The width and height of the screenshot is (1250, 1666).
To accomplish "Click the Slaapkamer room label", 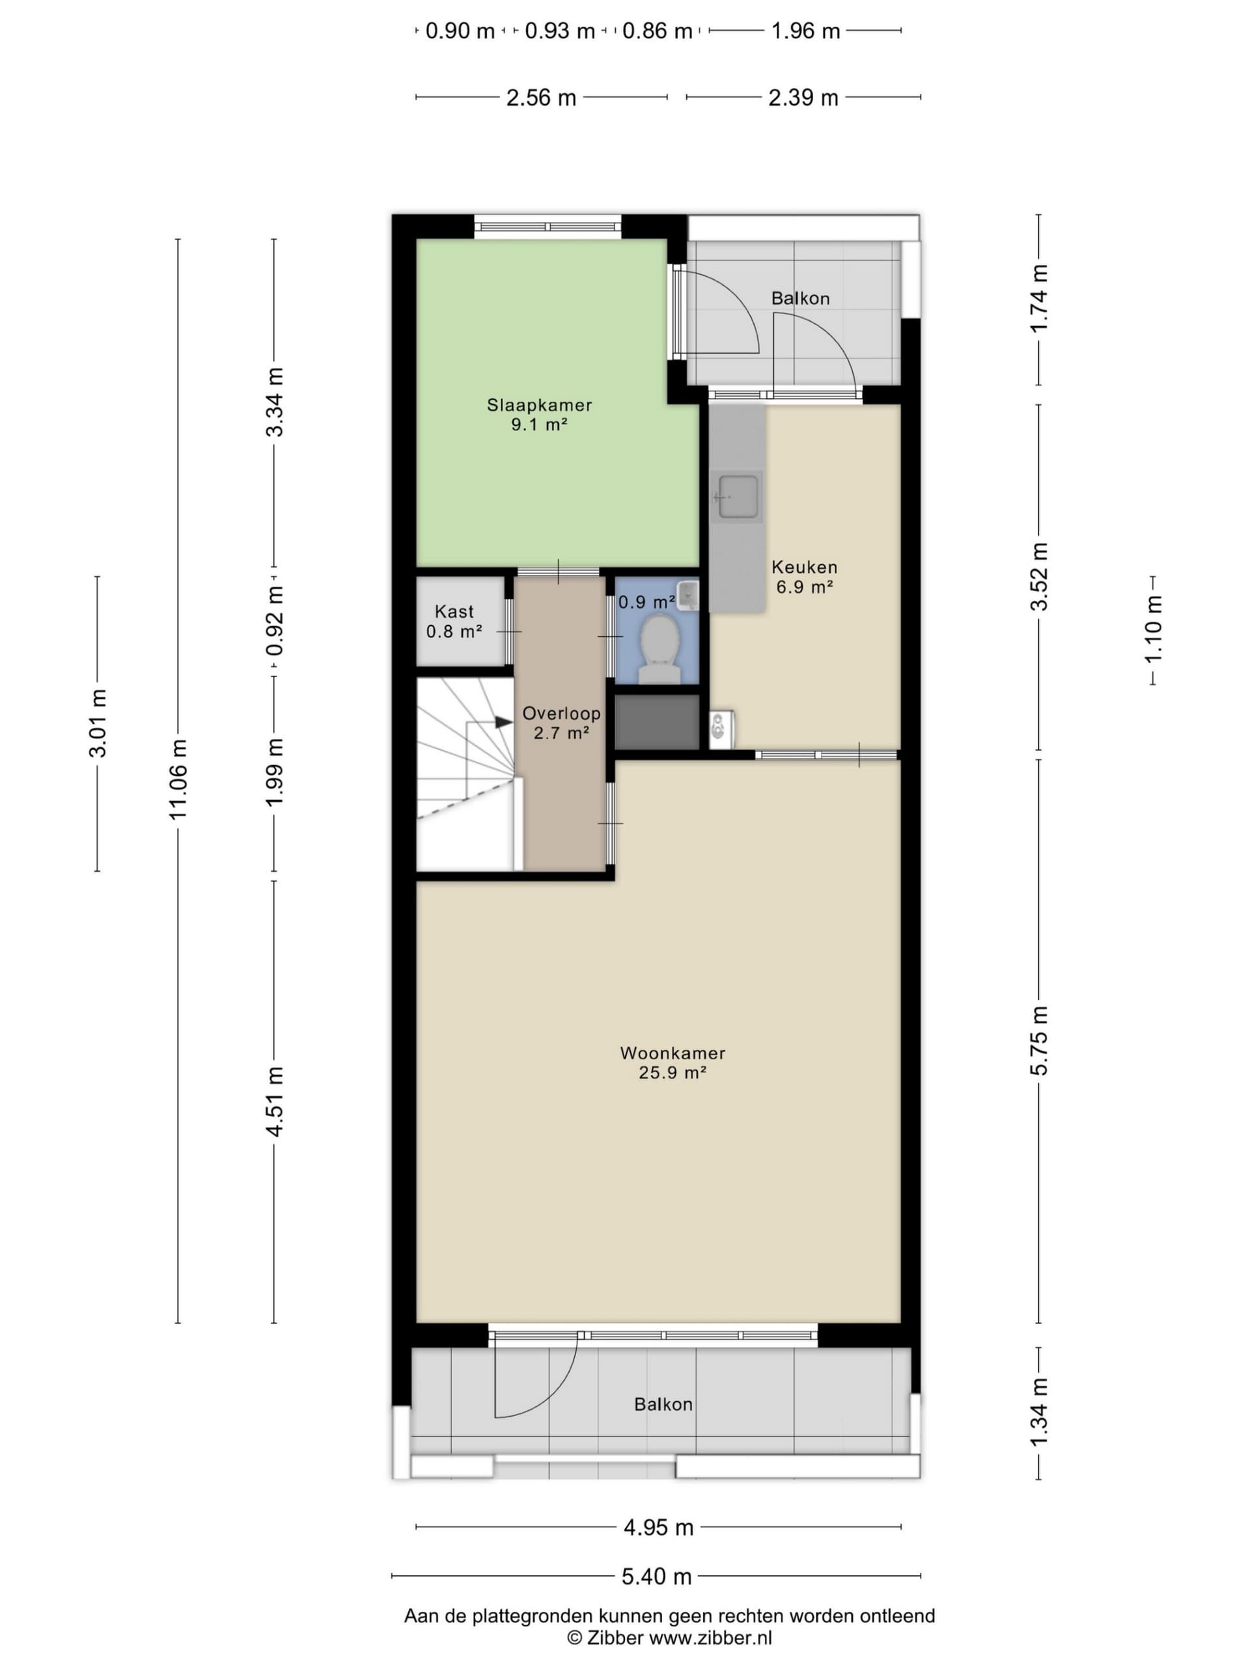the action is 539,404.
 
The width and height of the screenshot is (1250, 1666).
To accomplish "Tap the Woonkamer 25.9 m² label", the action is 673,1062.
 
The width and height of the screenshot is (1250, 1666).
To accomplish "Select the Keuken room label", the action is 804,566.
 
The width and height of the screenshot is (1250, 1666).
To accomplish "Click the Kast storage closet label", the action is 454,611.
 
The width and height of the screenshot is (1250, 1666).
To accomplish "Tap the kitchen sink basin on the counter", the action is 738,496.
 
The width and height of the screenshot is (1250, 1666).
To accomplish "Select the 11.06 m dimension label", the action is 178,779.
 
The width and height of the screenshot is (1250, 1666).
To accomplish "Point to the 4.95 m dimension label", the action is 658,1527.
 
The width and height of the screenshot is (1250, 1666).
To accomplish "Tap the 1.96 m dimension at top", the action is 805,31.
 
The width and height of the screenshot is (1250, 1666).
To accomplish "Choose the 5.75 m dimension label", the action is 1038,1042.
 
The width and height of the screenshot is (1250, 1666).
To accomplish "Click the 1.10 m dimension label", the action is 1153,630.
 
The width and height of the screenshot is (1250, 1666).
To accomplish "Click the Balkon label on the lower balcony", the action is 663,1404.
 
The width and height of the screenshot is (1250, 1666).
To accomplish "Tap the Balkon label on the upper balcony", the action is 799,298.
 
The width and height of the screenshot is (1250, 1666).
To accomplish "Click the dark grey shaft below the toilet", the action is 658,721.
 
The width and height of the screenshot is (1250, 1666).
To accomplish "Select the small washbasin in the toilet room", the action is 687,596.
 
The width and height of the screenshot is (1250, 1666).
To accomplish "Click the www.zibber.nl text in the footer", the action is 710,1637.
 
